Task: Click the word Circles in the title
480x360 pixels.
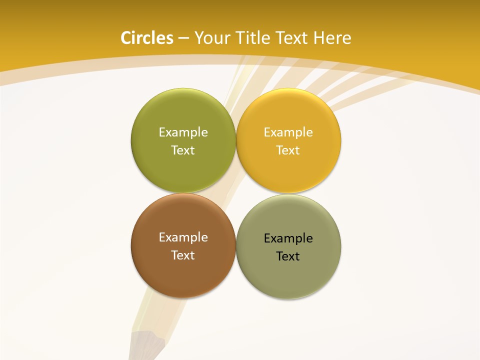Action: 147,38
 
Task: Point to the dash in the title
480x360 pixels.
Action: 183,38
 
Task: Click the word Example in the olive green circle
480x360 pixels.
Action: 183,132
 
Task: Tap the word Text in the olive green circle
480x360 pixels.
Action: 183,150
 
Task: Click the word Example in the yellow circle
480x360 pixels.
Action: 288,132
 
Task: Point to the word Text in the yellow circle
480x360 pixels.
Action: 288,150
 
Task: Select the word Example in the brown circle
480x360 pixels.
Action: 183,237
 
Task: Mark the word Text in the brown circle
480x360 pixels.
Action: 183,255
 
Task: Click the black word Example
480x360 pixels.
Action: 288,238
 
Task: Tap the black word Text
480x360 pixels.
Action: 288,256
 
